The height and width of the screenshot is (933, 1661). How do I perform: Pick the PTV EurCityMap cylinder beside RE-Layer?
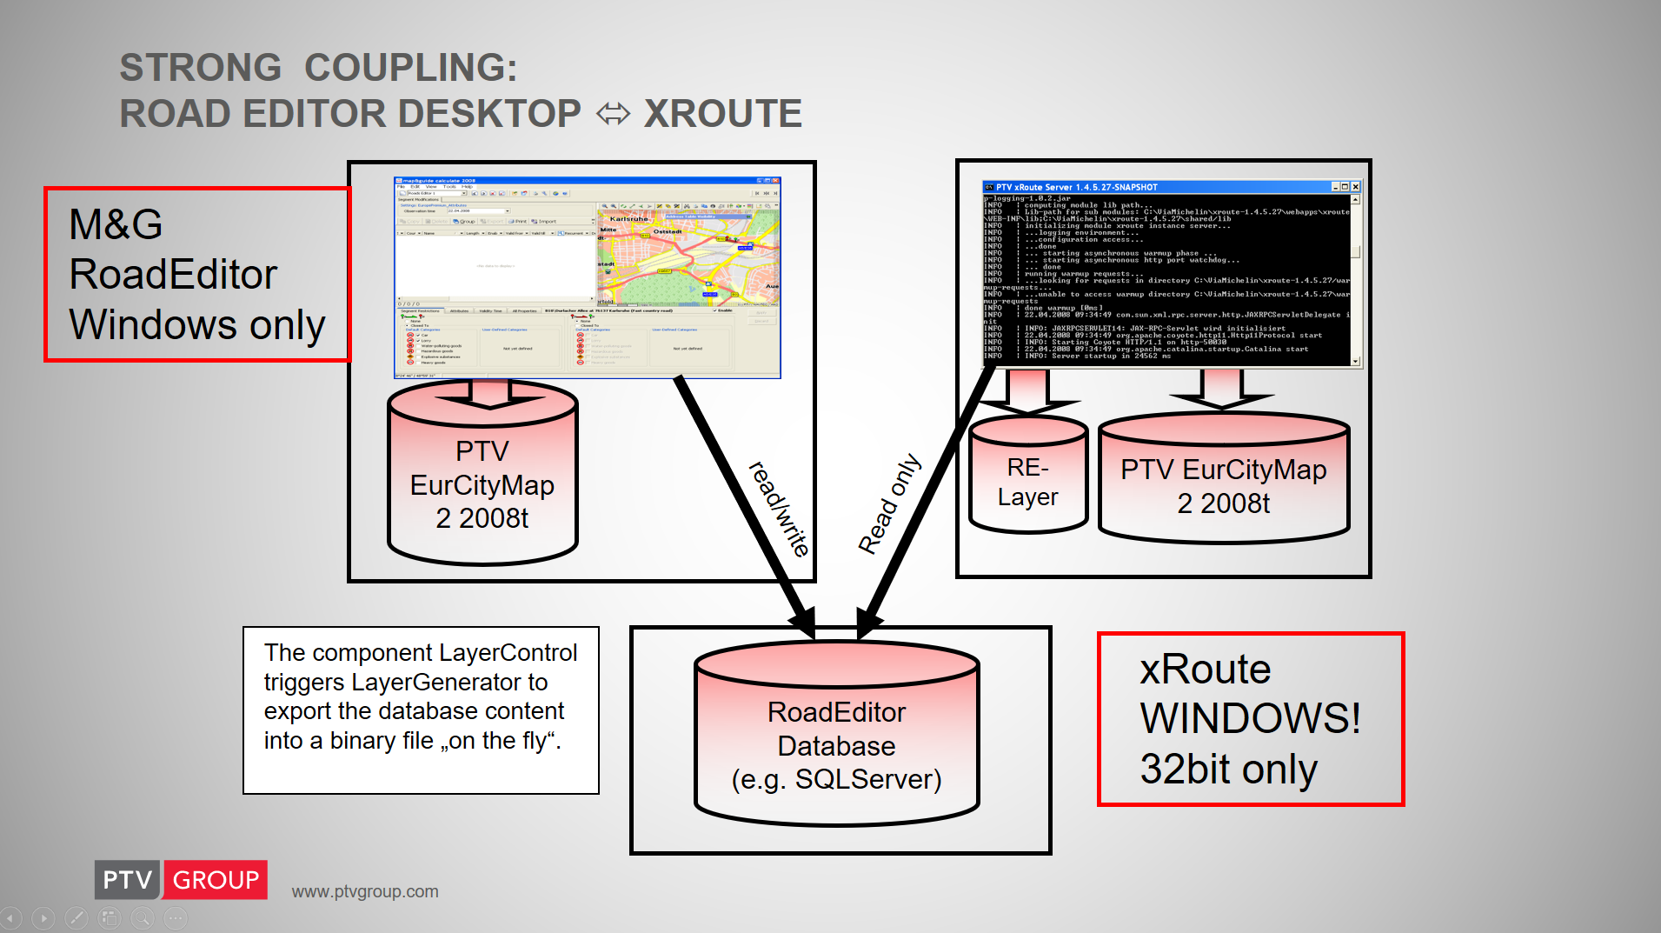pos(1223,485)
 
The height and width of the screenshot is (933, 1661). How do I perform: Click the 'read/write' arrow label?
pos(779,509)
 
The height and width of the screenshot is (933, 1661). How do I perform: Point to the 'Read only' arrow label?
pos(888,503)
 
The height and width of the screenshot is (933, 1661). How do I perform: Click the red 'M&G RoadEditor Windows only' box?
pos(197,274)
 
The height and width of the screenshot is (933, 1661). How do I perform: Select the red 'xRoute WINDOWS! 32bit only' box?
pos(1250,719)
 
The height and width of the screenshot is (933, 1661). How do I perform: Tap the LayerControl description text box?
pos(421,710)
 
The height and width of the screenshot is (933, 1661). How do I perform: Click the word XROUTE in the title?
pos(722,114)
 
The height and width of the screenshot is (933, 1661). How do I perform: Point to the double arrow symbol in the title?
pos(613,114)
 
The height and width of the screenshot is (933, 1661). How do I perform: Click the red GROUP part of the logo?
pos(216,880)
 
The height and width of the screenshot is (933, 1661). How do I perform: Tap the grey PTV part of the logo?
pos(127,880)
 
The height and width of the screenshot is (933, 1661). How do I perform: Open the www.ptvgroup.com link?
pos(365,891)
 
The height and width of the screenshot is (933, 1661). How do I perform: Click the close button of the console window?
pos(1355,187)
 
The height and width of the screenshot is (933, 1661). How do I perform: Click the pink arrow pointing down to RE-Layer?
pos(1027,391)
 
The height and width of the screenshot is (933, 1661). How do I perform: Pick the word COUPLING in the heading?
pos(410,68)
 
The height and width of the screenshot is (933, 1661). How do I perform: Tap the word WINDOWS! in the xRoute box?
pos(1250,719)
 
